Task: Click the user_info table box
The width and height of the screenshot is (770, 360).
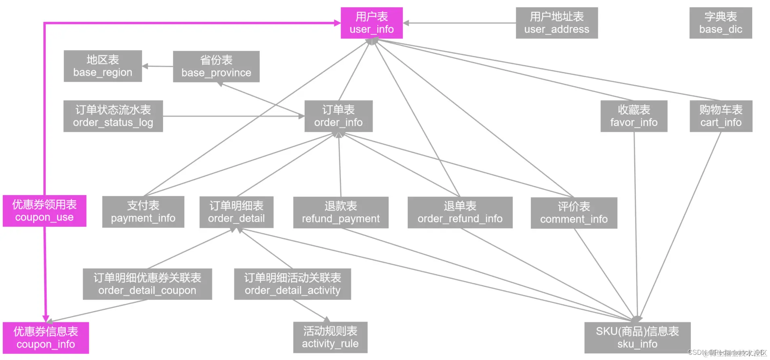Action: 372,23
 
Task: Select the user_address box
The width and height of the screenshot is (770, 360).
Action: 556,23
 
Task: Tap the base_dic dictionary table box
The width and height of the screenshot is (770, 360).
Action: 720,23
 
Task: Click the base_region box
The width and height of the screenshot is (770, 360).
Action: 103,66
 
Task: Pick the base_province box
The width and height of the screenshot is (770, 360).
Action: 216,67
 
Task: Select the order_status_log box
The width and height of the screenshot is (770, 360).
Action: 113,116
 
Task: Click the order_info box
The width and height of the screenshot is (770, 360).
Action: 338,116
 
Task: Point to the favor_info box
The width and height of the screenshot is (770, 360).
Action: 633,116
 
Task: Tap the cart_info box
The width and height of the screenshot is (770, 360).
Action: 721,116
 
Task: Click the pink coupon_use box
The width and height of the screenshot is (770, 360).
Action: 44,211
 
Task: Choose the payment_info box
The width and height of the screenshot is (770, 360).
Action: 143,212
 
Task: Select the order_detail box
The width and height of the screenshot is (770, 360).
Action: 236,212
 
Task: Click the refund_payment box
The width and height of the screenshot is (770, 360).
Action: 341,213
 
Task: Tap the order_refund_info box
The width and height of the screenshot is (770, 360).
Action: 460,213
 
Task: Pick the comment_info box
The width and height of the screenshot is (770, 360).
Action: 574,213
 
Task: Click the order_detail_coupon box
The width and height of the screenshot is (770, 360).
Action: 147,284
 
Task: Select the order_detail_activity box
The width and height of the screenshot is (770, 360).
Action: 292,284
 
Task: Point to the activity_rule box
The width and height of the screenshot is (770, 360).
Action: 330,337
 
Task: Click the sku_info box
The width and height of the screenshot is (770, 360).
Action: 637,338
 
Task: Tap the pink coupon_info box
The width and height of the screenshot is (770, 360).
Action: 46,338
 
